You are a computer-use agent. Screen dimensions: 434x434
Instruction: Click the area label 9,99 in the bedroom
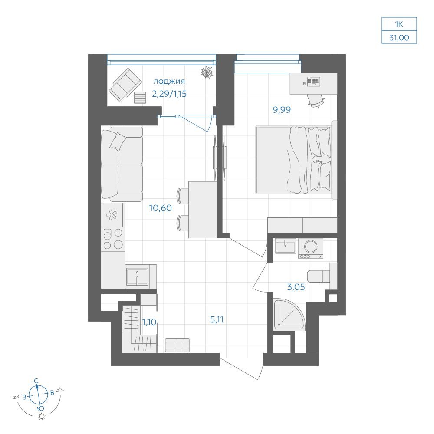click(x=282, y=110)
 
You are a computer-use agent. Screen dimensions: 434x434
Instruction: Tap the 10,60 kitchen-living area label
click(x=161, y=208)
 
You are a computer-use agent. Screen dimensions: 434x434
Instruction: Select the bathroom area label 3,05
click(x=296, y=287)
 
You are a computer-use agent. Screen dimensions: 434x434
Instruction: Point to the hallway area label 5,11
click(x=217, y=320)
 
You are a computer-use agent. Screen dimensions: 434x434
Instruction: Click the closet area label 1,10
click(x=149, y=322)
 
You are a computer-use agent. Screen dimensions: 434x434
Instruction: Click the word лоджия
click(x=169, y=82)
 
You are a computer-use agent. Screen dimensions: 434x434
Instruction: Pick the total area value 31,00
click(x=399, y=38)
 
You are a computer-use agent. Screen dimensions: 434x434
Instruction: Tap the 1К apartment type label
click(x=399, y=24)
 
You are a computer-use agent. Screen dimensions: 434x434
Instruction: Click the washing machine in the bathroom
click(x=311, y=248)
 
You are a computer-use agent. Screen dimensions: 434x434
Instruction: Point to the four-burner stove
click(x=113, y=239)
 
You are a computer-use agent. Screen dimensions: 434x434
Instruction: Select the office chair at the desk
click(x=316, y=100)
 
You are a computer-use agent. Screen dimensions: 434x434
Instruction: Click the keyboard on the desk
click(x=314, y=82)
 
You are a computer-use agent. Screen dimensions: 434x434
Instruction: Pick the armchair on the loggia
click(x=125, y=85)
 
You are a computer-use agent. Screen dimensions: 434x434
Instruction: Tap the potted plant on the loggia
click(x=207, y=72)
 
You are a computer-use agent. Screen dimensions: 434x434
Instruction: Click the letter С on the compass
click(x=36, y=381)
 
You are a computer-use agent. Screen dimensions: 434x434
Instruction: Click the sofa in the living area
click(x=122, y=164)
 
